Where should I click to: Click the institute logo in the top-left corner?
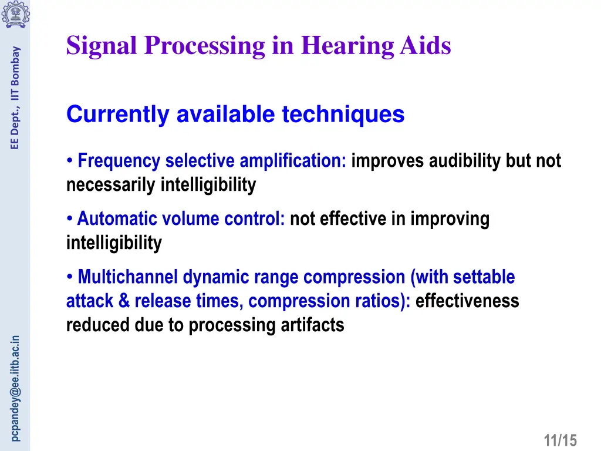pyautogui.click(x=15, y=15)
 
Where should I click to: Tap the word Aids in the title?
pyautogui.click(x=425, y=46)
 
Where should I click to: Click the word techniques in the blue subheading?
pyautogui.click(x=343, y=114)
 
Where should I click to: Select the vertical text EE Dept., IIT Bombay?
pyautogui.click(x=15, y=97)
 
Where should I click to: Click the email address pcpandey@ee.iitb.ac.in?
pyautogui.click(x=15, y=388)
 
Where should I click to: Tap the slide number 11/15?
pyautogui.click(x=561, y=440)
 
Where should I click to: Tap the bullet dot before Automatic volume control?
pyautogui.click(x=70, y=219)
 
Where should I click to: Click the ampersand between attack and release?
pyautogui.click(x=124, y=301)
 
